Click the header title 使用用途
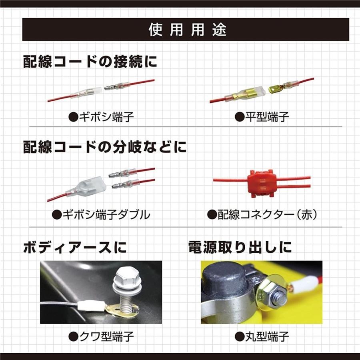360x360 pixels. pyautogui.click(x=187, y=30)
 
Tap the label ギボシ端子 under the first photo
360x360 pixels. pyautogui.click(x=101, y=117)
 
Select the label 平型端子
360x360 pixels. pyautogui.click(x=262, y=117)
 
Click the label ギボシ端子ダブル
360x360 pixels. pyautogui.click(x=101, y=215)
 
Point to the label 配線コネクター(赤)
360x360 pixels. pyautogui.click(x=262, y=215)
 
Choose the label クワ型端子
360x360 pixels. pyautogui.click(x=101, y=336)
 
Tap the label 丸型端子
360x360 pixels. pyautogui.click(x=262, y=336)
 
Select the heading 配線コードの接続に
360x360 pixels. pyautogui.click(x=90, y=62)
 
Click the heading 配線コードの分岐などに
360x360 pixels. pyautogui.click(x=104, y=147)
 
